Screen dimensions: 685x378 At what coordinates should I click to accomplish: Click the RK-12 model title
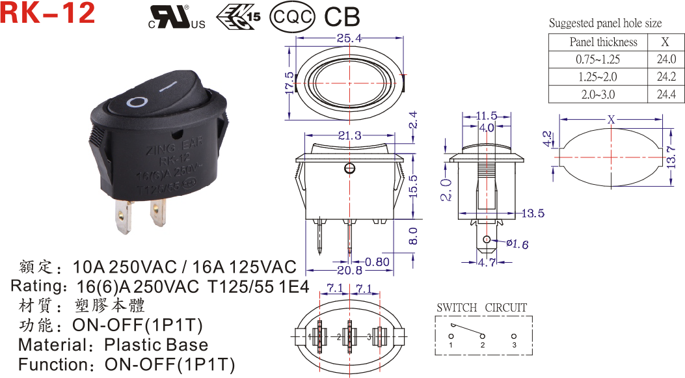pyautogui.click(x=47, y=12)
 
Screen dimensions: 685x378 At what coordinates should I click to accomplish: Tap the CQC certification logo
pyautogui.click(x=292, y=17)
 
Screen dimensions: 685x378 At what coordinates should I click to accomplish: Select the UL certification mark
pyautogui.click(x=176, y=18)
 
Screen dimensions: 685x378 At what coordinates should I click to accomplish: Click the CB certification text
pyautogui.click(x=342, y=17)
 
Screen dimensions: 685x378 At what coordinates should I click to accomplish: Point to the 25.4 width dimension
pyautogui.click(x=349, y=38)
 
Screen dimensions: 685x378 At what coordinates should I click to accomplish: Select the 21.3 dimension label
pyautogui.click(x=350, y=135)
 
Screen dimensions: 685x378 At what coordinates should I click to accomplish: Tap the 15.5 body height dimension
pyautogui.click(x=413, y=186)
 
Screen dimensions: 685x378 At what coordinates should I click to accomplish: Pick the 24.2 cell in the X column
pyautogui.click(x=666, y=77)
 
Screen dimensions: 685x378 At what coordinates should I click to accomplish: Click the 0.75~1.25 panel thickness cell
pyautogui.click(x=598, y=59)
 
